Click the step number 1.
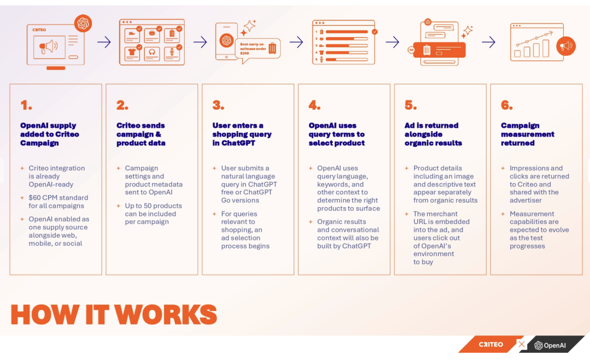(26, 105)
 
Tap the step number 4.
(314, 105)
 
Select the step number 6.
(506, 105)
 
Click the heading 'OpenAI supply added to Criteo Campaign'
(50, 134)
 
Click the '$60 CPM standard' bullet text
(58, 202)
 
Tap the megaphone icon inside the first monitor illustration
(48, 47)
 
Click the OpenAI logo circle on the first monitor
(83, 23)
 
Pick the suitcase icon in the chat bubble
(272, 48)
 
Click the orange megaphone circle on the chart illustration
(565, 46)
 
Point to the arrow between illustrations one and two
(104, 42)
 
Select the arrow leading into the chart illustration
(488, 42)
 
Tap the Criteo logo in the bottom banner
(491, 345)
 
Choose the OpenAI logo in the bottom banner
(550, 345)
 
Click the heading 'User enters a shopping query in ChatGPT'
(242, 134)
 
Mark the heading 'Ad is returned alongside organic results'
(433, 134)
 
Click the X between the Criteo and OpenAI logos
(522, 345)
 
